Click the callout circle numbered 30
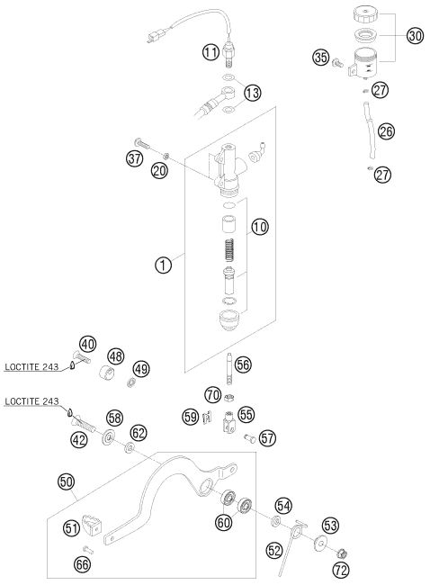pos(415,36)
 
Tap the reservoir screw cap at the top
pos(365,14)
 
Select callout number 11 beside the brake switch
pos(211,52)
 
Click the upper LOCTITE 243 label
pos(31,366)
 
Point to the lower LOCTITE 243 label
pos(31,401)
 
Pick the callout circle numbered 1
pos(164,265)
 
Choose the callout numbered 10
pos(260,227)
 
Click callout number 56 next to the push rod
pos(243,364)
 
